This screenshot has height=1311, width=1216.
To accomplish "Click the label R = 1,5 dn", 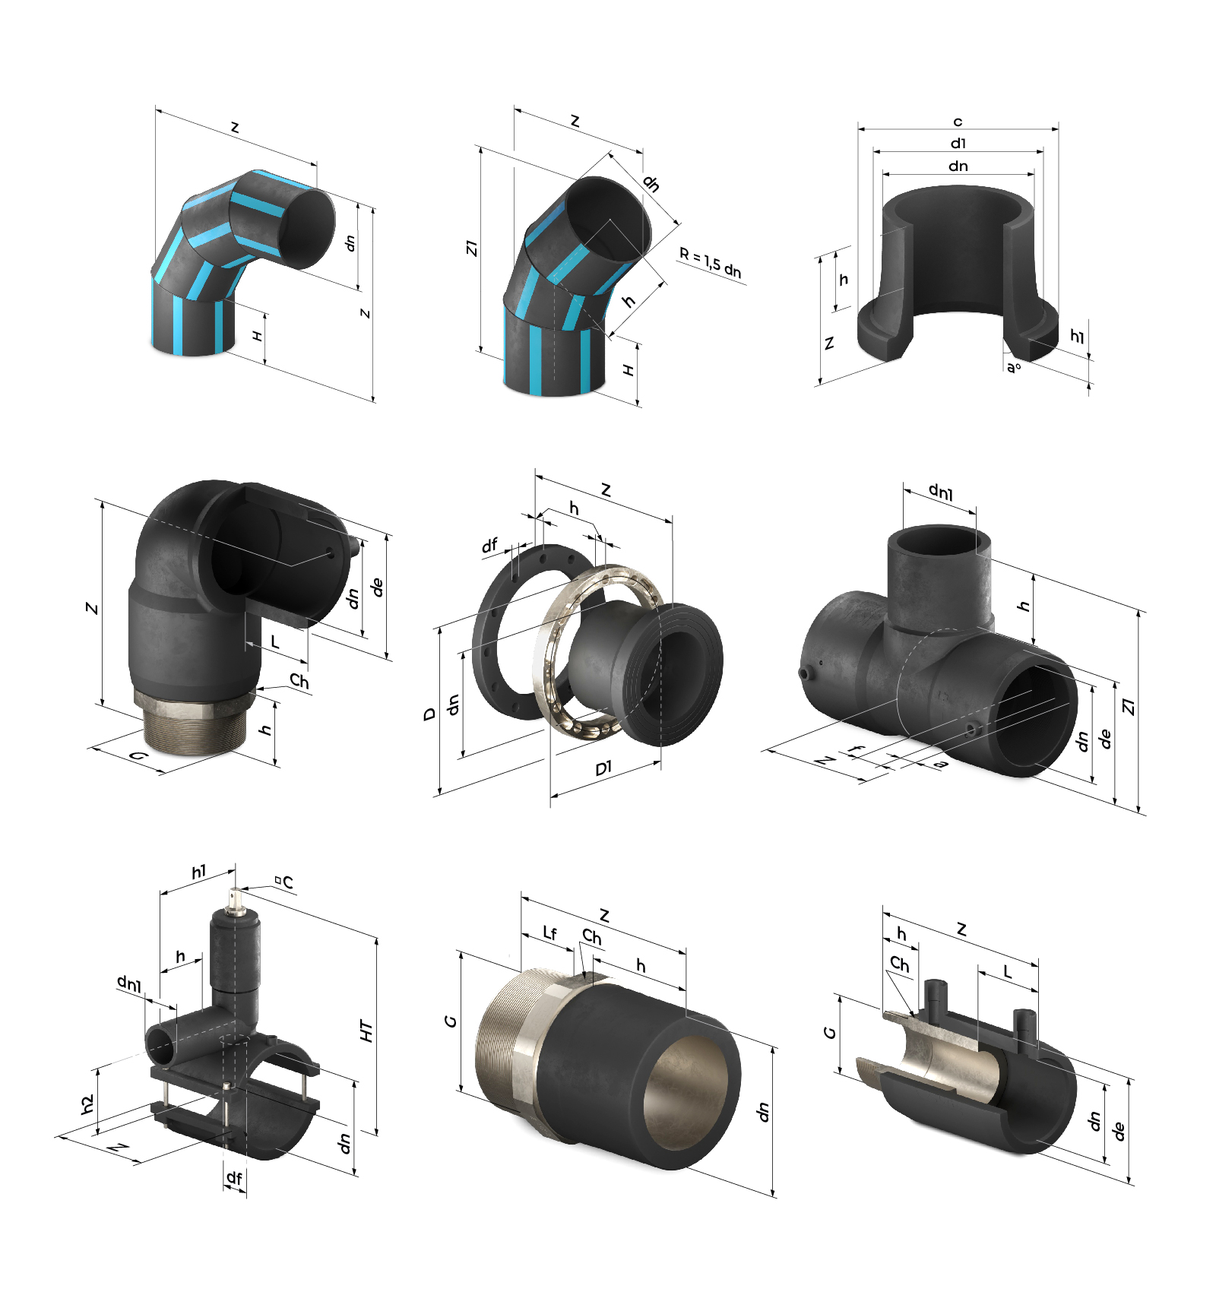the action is click(x=711, y=263).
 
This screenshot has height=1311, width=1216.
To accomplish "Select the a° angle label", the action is click(x=1014, y=368).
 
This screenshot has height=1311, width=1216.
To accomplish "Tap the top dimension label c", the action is click(x=958, y=122).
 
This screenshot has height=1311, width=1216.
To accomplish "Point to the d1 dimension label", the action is click(x=958, y=143).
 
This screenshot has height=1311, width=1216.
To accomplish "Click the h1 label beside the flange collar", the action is click(x=1077, y=336).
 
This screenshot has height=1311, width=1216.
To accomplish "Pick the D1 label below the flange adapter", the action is click(x=603, y=768).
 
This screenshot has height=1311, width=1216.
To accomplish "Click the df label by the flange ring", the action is click(x=489, y=545).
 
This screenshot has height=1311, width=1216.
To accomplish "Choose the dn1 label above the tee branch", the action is click(x=941, y=492).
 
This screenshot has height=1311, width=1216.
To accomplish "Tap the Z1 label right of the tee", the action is click(x=1129, y=707).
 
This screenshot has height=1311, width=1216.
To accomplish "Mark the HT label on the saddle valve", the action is click(x=366, y=1031).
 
